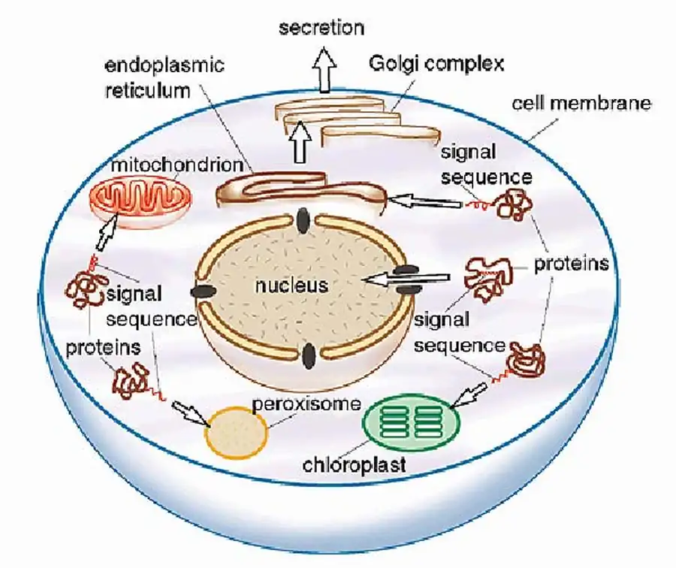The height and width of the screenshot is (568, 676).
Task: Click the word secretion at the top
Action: click(321, 29)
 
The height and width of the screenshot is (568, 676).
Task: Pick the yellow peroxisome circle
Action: click(237, 432)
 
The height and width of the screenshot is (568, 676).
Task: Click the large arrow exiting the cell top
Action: click(324, 72)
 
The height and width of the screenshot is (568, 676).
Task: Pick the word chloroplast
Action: click(354, 464)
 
